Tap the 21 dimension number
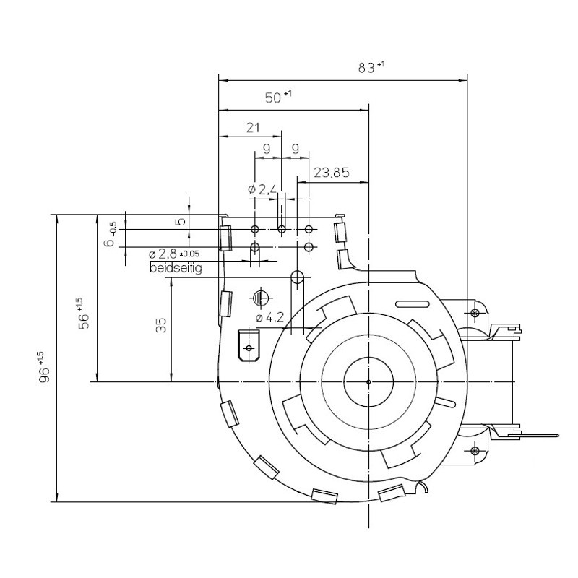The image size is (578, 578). (x=253, y=128)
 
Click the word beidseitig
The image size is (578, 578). (x=175, y=269)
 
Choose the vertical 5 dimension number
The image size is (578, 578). (x=182, y=222)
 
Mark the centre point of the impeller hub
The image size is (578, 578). (x=368, y=381)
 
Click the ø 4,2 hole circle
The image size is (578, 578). (x=297, y=277)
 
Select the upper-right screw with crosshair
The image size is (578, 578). (x=475, y=313)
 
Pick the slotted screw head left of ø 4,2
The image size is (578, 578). (x=260, y=297)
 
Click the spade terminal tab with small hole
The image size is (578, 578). (x=250, y=346)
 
